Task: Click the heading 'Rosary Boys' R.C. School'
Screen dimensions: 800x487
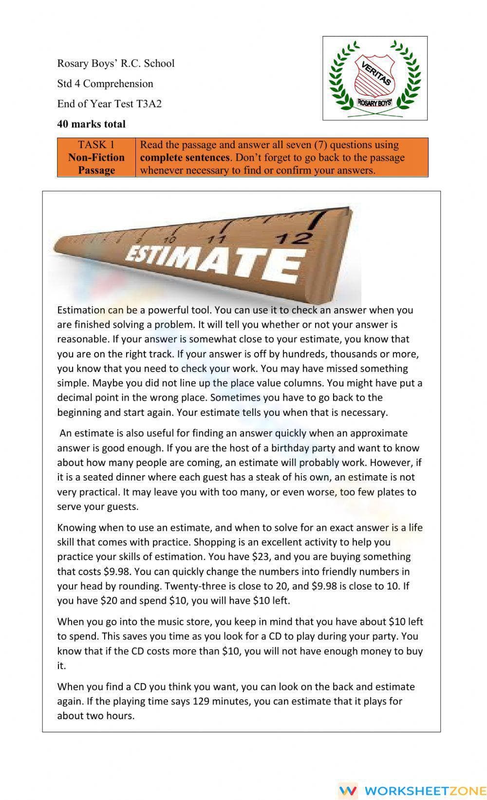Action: tap(115, 63)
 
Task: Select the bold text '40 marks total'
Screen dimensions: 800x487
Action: tap(91, 124)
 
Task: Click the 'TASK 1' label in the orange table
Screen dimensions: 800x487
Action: tap(96, 145)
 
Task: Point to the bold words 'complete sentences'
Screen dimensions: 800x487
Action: tap(185, 158)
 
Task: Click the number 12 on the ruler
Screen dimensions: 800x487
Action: tap(292, 238)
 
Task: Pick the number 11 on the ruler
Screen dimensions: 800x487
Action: tap(217, 239)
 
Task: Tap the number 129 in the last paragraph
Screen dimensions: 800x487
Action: tap(201, 702)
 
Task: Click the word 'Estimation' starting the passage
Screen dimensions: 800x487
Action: tap(81, 310)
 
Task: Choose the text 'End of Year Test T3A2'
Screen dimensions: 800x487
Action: tap(109, 104)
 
